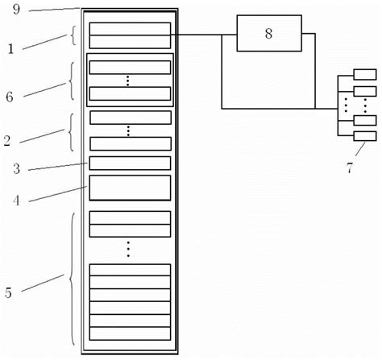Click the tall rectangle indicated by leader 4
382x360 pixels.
pos(130,188)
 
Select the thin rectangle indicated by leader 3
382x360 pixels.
pos(130,163)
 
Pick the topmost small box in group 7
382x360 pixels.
pos(364,76)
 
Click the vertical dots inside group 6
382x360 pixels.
pos(129,81)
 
